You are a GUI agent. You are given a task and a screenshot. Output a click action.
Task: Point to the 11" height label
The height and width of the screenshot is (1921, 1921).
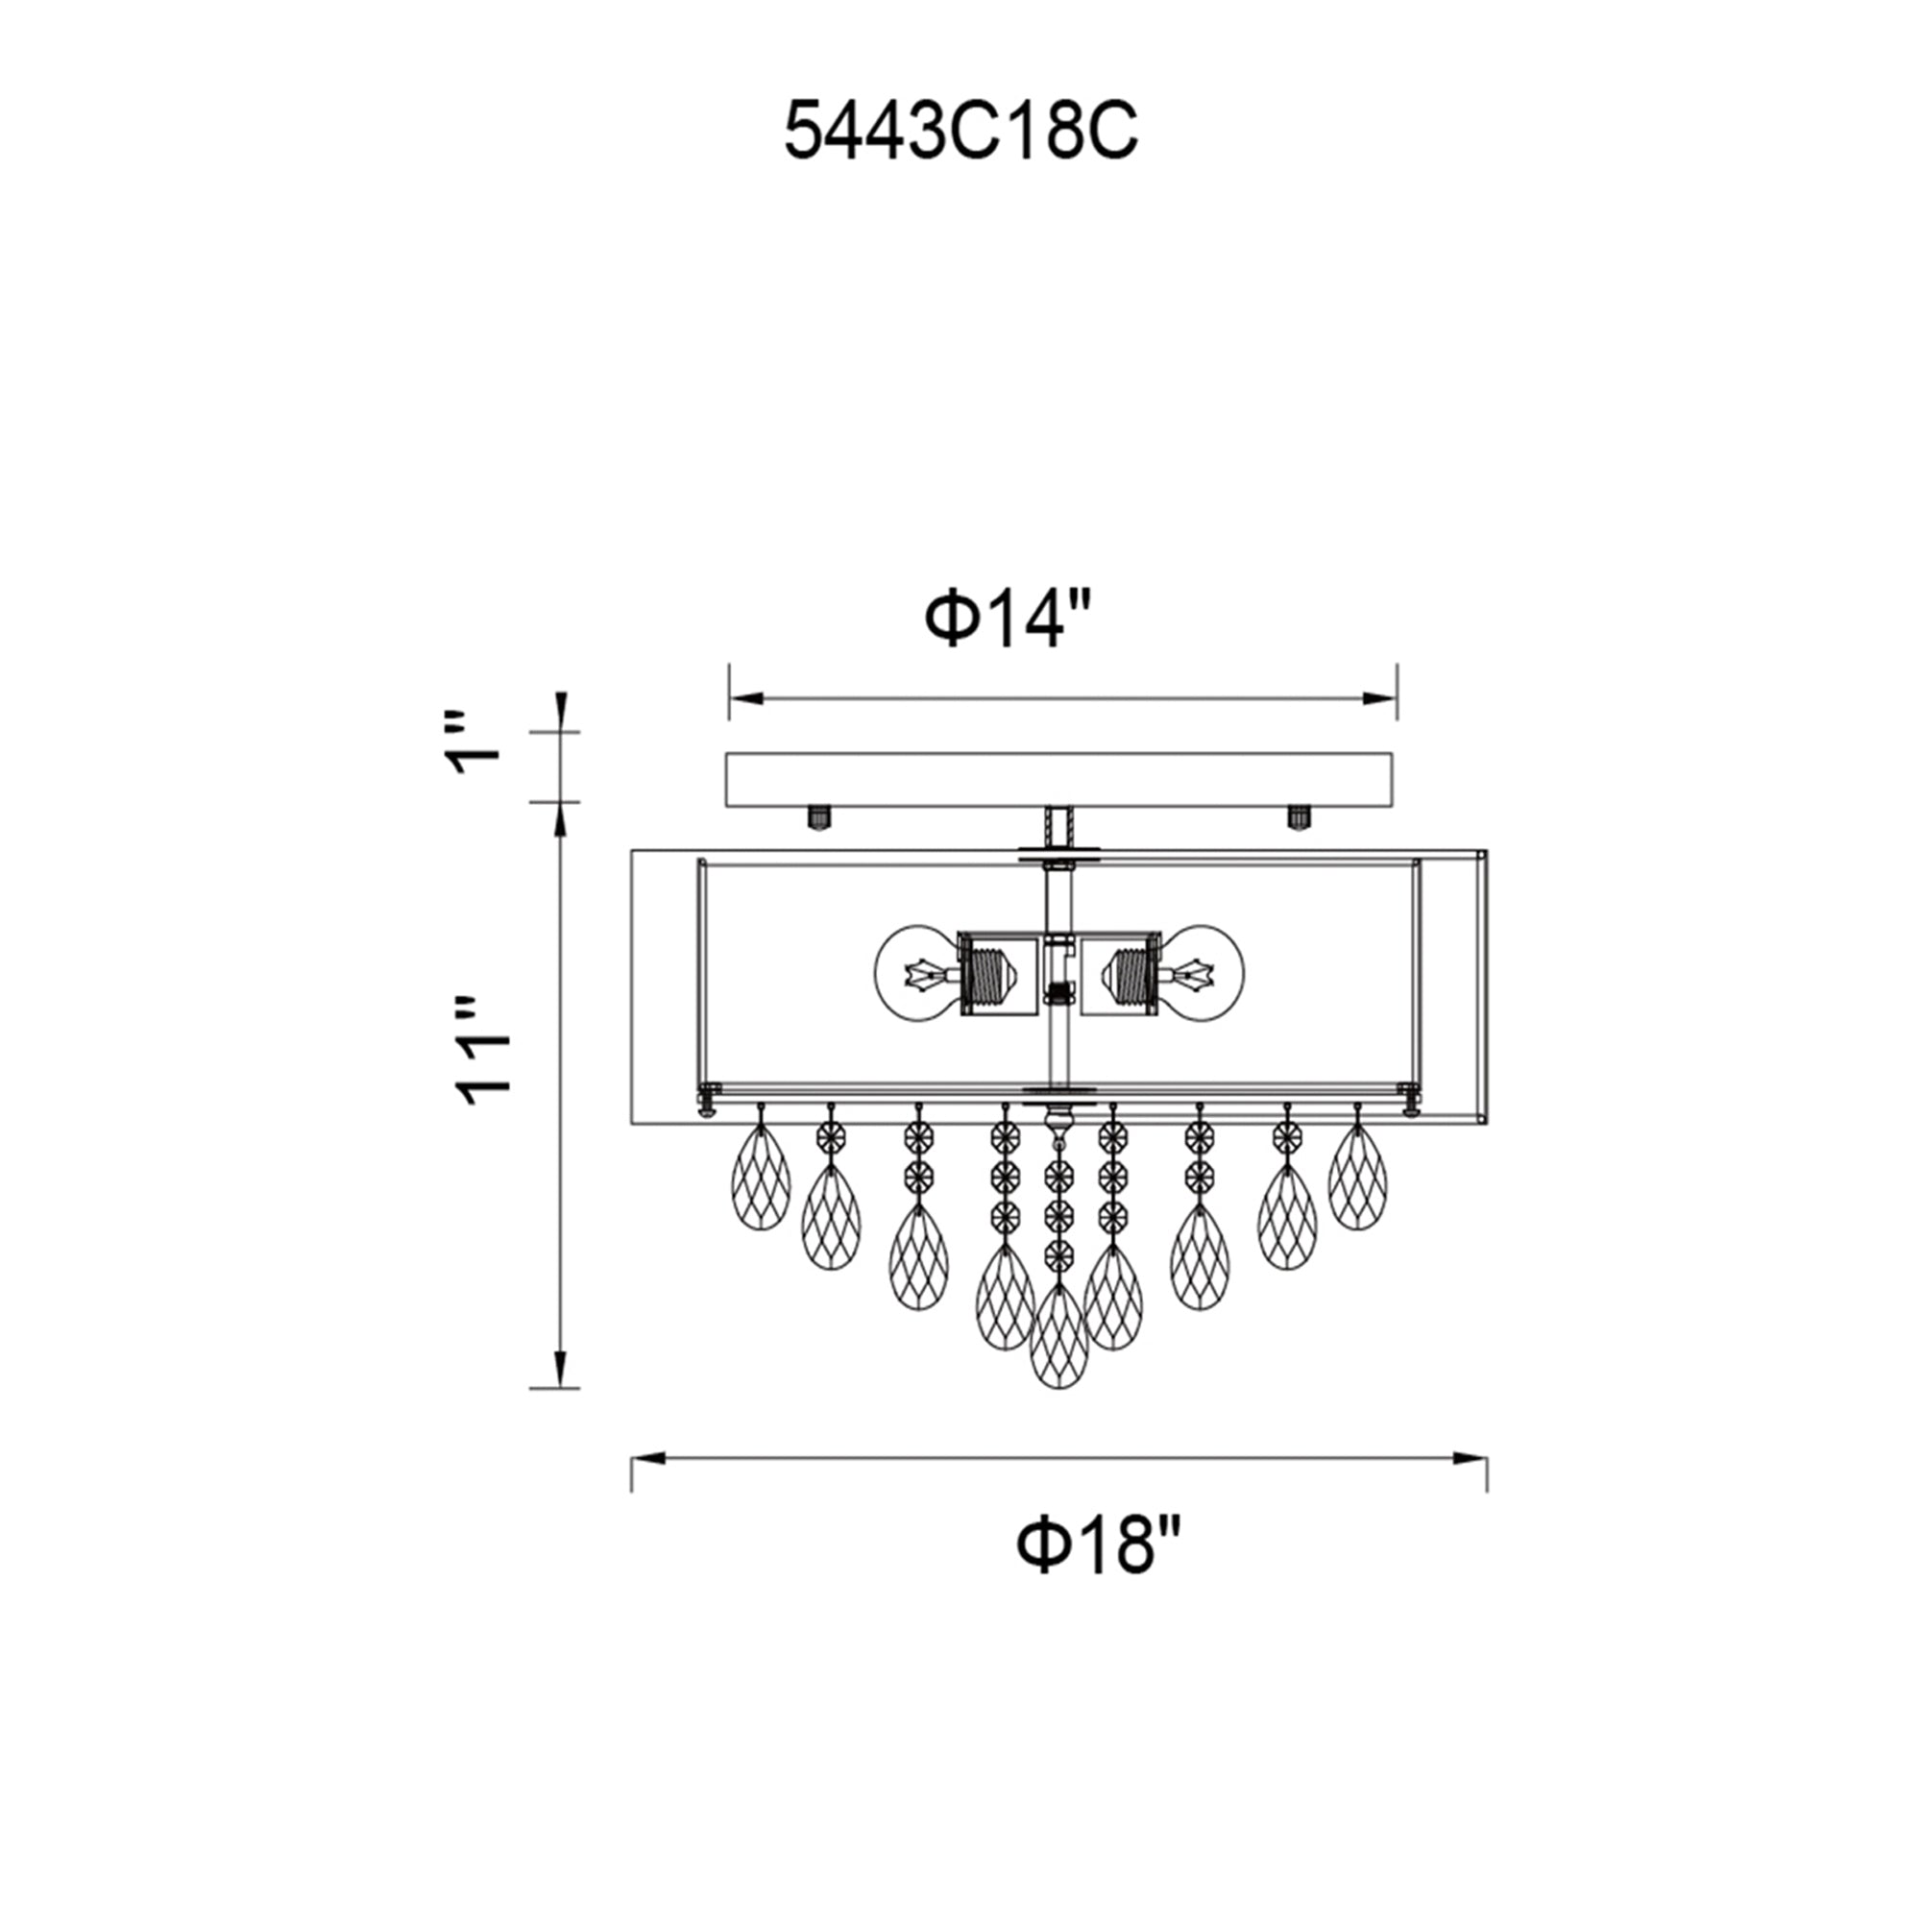tap(484, 1050)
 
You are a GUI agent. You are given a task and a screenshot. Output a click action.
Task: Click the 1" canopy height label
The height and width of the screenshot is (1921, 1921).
tap(476, 744)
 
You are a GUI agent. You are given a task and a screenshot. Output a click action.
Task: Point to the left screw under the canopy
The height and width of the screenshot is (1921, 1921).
tap(818, 818)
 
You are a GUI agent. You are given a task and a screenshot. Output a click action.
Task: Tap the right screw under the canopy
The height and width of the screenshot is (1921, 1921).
tap(1298, 817)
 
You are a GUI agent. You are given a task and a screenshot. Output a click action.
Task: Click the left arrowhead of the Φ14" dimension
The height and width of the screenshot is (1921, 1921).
tap(745, 699)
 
